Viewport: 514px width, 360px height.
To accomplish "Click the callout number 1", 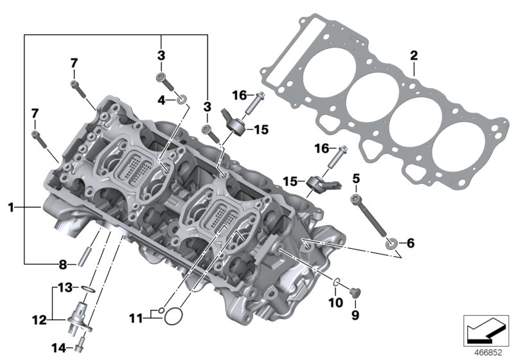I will [x=11, y=207].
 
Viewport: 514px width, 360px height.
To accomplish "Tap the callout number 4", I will [x=162, y=99].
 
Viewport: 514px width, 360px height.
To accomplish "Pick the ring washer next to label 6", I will [x=391, y=243].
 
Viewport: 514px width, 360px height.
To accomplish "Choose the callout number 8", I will [x=62, y=264].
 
